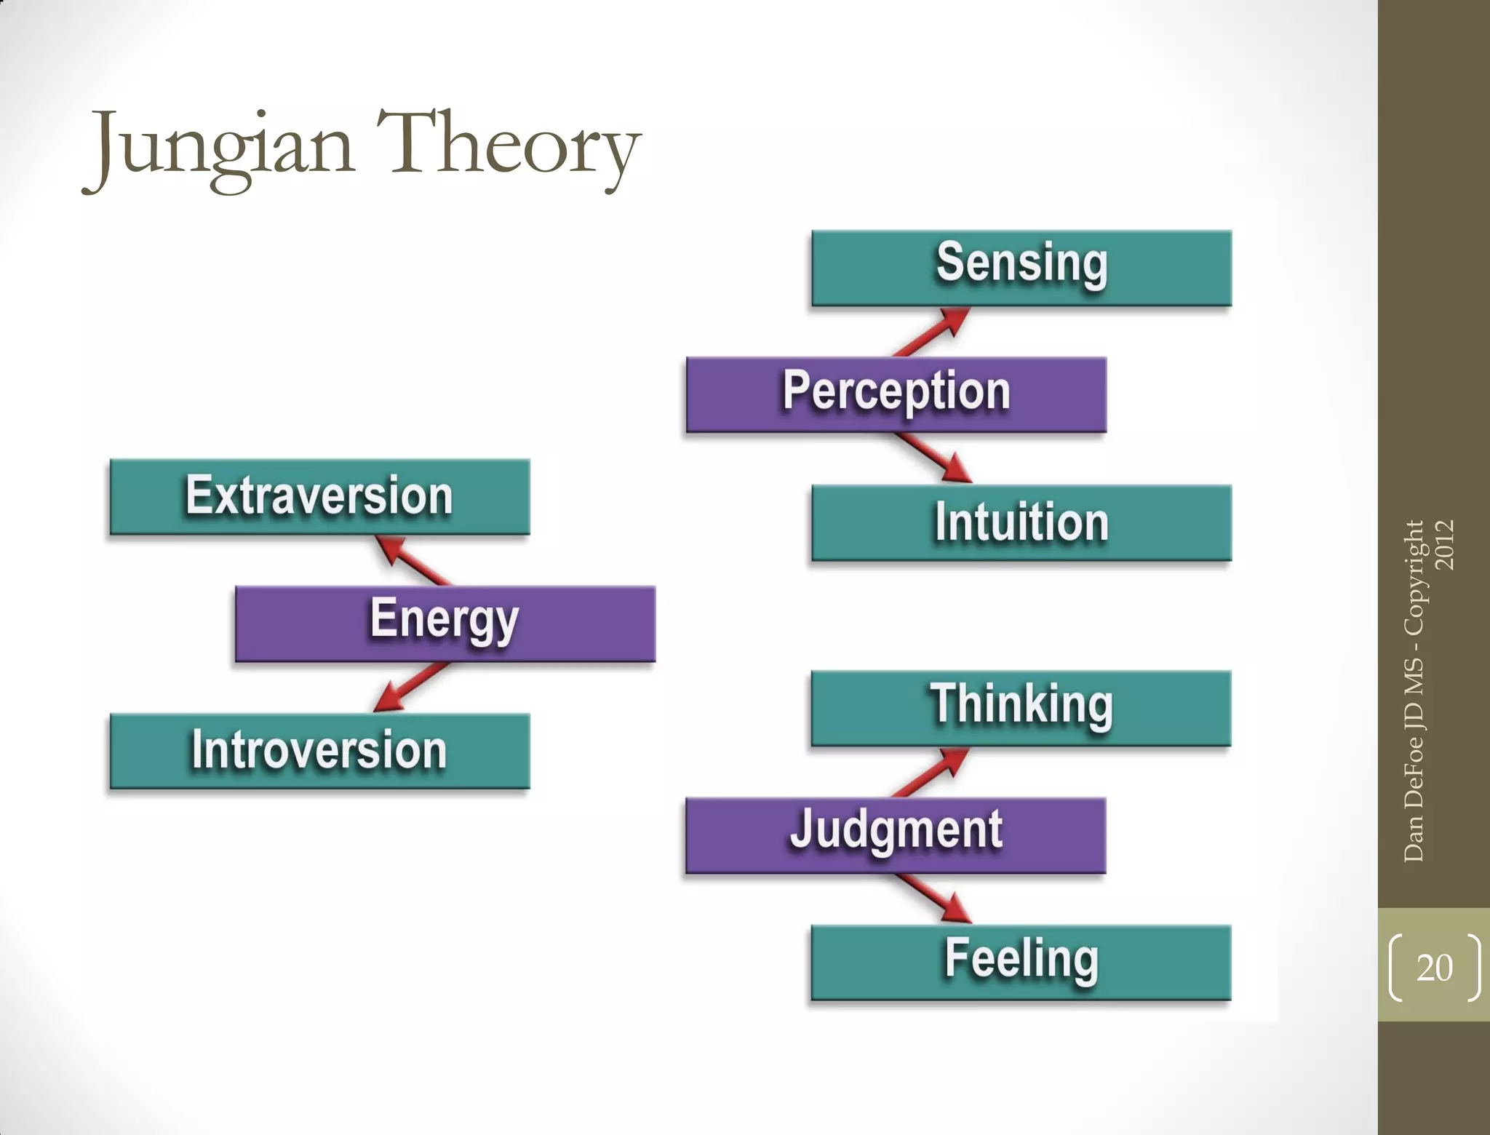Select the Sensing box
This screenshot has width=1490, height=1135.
point(1021,268)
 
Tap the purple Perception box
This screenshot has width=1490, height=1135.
point(896,394)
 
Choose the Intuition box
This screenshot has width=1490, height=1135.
point(1021,522)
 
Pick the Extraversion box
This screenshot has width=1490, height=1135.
point(319,496)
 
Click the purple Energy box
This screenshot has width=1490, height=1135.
point(445,624)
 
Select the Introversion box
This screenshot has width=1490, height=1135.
point(319,751)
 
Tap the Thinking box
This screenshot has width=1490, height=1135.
point(1021,708)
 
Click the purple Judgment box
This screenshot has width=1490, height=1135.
point(896,835)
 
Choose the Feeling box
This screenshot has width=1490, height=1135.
point(1021,962)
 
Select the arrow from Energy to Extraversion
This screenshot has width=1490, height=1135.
point(412,560)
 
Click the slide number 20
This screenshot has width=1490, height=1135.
point(1434,968)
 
